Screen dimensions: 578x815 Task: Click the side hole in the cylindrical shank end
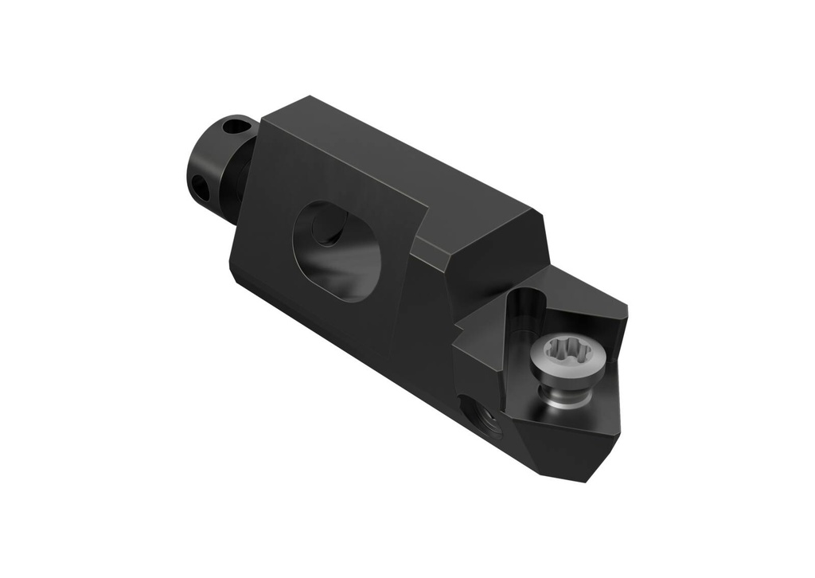pyautogui.click(x=200, y=186)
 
